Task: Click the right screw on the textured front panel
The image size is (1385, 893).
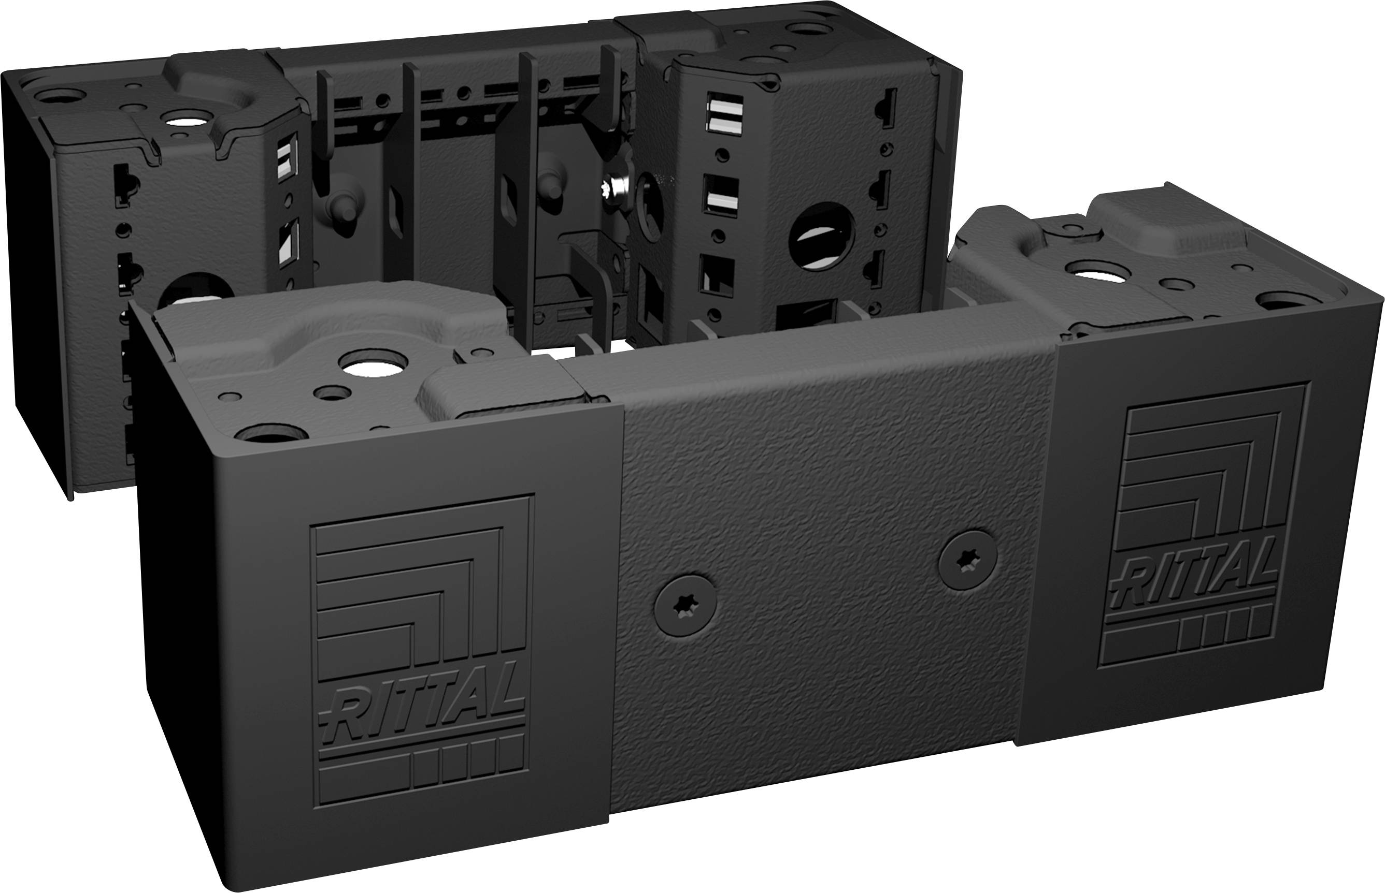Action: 968,559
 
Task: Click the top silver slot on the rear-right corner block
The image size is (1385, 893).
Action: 725,112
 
